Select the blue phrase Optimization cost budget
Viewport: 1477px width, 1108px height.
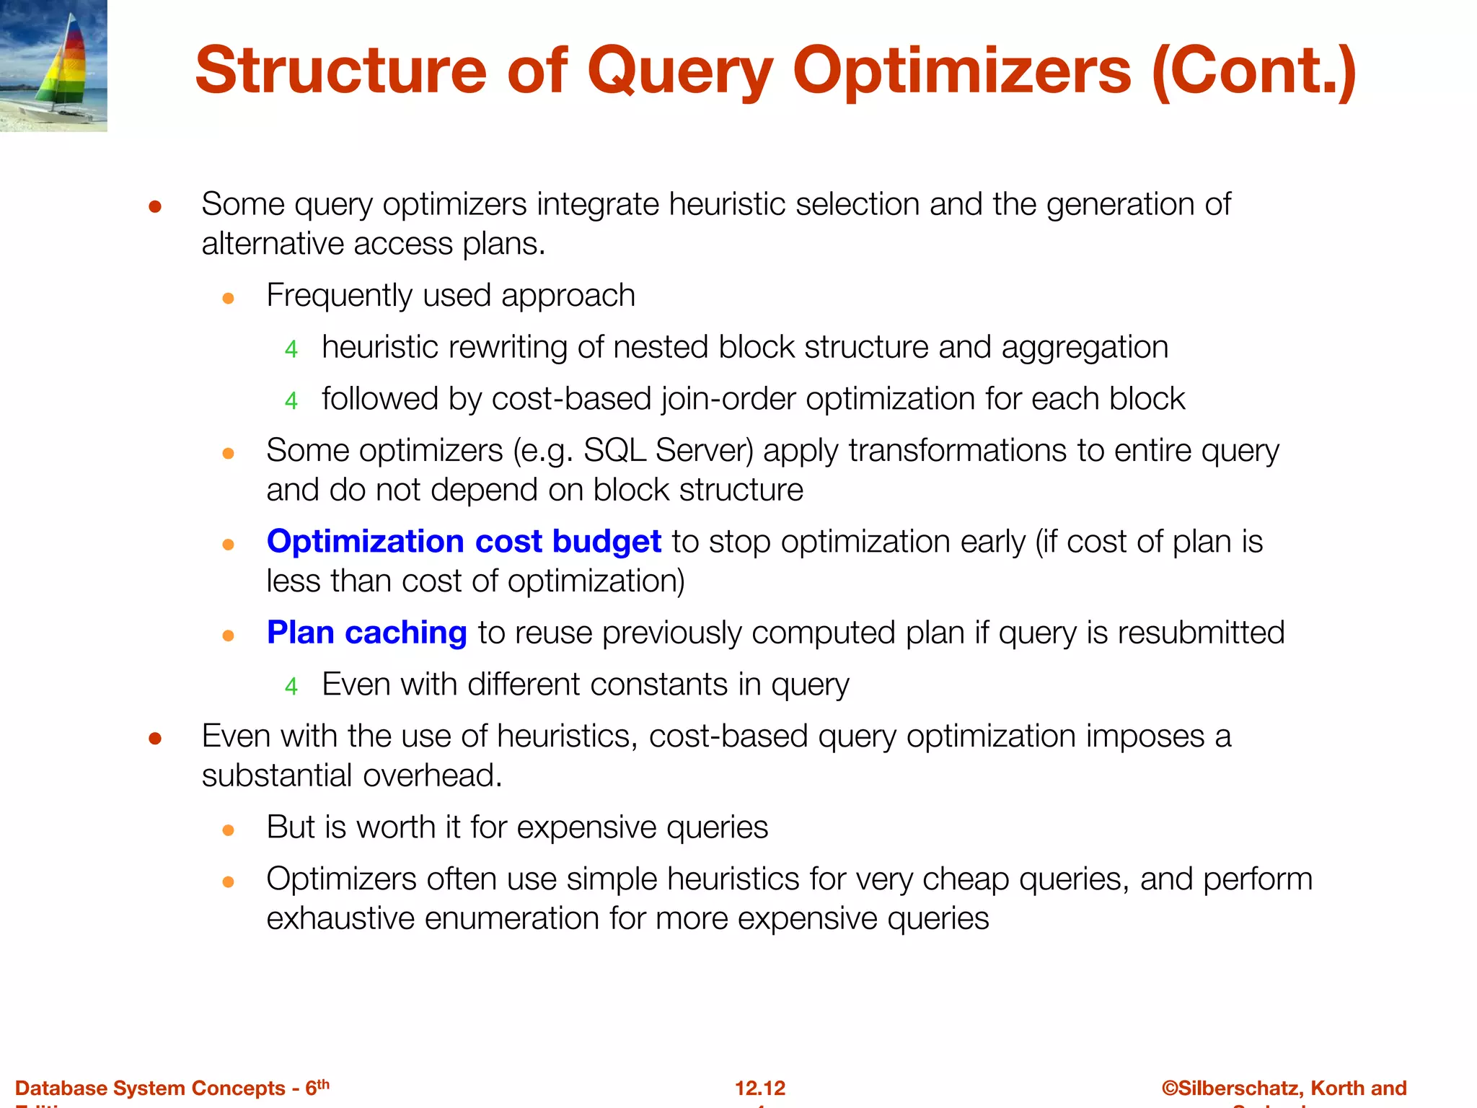(464, 542)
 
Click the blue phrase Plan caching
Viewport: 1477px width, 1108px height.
(366, 633)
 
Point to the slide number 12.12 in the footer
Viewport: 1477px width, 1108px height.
(760, 1088)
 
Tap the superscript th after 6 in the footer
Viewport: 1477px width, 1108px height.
(323, 1083)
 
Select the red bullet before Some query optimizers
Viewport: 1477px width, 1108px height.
(154, 208)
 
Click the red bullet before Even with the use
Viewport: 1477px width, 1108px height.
(154, 739)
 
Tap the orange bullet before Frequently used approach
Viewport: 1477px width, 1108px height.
(229, 298)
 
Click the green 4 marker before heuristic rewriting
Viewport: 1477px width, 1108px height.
(291, 350)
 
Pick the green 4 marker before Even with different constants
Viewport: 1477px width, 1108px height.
(291, 687)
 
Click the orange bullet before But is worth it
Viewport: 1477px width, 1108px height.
(229, 830)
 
